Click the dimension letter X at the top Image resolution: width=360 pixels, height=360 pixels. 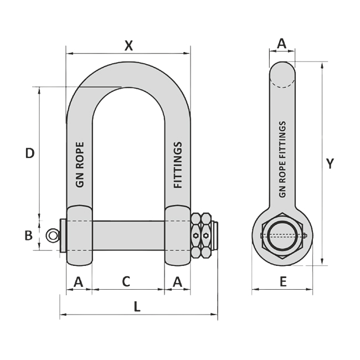pyautogui.click(x=128, y=45)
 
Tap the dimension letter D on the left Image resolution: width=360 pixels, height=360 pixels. pyautogui.click(x=30, y=153)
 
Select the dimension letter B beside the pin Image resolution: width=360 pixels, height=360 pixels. pyautogui.click(x=28, y=235)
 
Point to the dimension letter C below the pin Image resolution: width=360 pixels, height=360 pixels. pyautogui.click(x=126, y=281)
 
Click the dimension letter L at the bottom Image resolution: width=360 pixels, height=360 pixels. pyautogui.click(x=137, y=306)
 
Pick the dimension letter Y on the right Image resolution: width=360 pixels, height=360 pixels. pyautogui.click(x=330, y=163)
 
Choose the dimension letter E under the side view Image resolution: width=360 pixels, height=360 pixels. pyautogui.click(x=284, y=281)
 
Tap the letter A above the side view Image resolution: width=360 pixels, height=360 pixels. pyautogui.click(x=282, y=43)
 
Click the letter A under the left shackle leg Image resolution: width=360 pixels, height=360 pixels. pyautogui.click(x=79, y=282)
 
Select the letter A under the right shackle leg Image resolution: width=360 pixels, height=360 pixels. pyautogui.click(x=177, y=282)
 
